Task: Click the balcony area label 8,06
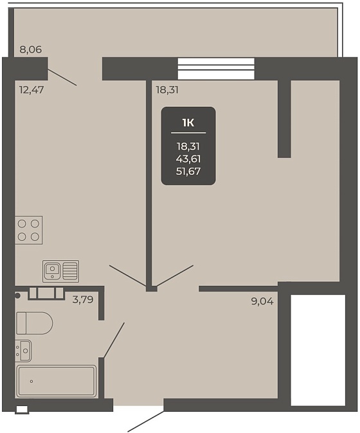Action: tap(31, 49)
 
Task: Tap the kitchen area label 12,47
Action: tap(32, 90)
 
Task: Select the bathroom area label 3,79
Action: tap(83, 299)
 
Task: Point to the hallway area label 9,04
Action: tap(262, 301)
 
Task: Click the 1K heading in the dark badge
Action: tap(188, 123)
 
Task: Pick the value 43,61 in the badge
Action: tap(188, 159)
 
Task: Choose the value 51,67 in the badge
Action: tap(188, 172)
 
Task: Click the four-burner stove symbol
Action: tap(29, 230)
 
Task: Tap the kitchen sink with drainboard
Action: tap(61, 271)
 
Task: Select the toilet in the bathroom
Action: tap(34, 323)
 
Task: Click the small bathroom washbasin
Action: tap(23, 350)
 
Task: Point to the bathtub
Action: tap(57, 382)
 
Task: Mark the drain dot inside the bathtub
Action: tap(32, 382)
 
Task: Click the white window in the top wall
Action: tap(216, 69)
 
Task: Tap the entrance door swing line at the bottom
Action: tap(145, 421)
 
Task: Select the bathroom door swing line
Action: tap(114, 340)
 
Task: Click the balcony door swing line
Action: tap(62, 77)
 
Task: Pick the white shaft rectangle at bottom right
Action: tap(318, 350)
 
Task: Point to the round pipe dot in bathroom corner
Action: tap(17, 296)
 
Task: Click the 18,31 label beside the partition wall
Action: tap(167, 90)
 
